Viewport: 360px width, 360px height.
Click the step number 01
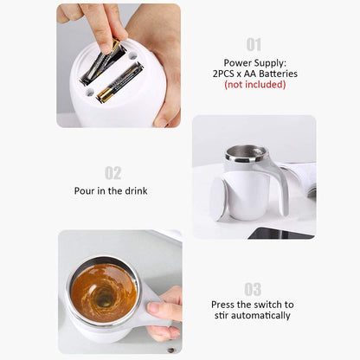point(254,45)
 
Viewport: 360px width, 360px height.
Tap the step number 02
point(112,173)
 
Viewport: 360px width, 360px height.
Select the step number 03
point(253,289)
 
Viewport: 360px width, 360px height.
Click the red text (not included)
point(255,85)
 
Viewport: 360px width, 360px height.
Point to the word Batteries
point(278,74)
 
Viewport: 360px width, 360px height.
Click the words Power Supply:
point(255,63)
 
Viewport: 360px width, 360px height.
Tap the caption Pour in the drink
point(111,190)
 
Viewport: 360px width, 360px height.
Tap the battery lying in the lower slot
point(119,83)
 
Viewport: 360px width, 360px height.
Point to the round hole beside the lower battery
point(90,93)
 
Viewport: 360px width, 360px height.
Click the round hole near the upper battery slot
point(132,55)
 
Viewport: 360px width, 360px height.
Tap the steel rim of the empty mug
point(246,153)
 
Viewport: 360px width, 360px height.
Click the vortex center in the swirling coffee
point(102,298)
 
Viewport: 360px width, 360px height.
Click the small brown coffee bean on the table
point(170,350)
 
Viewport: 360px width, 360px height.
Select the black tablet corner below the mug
point(280,233)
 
